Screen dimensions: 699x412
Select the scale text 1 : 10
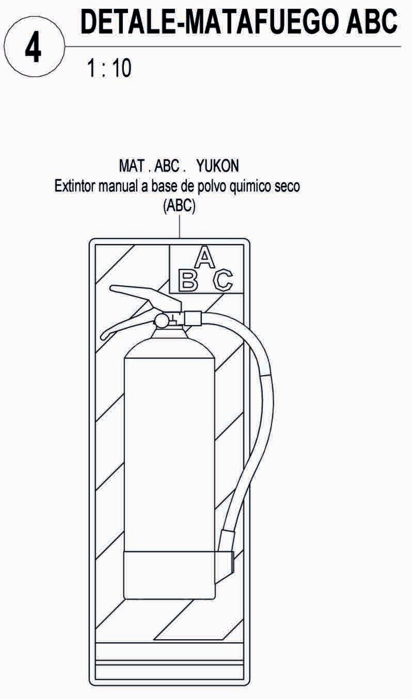[109, 68]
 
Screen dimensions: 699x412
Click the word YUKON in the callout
[218, 166]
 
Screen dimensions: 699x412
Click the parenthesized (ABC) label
[179, 206]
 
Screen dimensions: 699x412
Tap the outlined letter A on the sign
[205, 257]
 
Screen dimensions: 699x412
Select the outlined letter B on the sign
[188, 280]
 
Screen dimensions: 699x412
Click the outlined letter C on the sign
[223, 280]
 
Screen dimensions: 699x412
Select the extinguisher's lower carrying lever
[124, 326]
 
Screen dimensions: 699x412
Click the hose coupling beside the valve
[193, 318]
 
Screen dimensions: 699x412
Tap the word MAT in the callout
[130, 166]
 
